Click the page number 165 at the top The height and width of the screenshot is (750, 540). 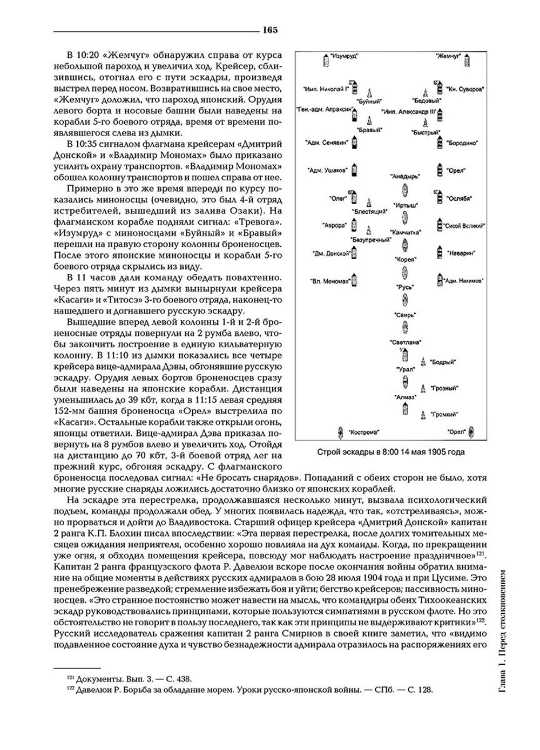pyautogui.click(x=270, y=30)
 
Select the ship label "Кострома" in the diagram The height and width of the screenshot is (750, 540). pyautogui.click(x=363, y=433)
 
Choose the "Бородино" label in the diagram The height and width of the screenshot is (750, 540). pyautogui.click(x=462, y=143)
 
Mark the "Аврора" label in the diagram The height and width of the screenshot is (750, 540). pyautogui.click(x=334, y=226)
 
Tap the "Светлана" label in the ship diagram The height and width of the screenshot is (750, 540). pyautogui.click(x=405, y=342)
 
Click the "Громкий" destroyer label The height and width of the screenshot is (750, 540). pyautogui.click(x=445, y=415)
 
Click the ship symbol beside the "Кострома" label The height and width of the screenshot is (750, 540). pyautogui.click(x=341, y=432)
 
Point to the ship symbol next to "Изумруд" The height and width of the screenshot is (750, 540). pyautogui.click(x=326, y=60)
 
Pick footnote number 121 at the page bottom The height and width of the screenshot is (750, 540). pyautogui.click(x=71, y=679)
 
